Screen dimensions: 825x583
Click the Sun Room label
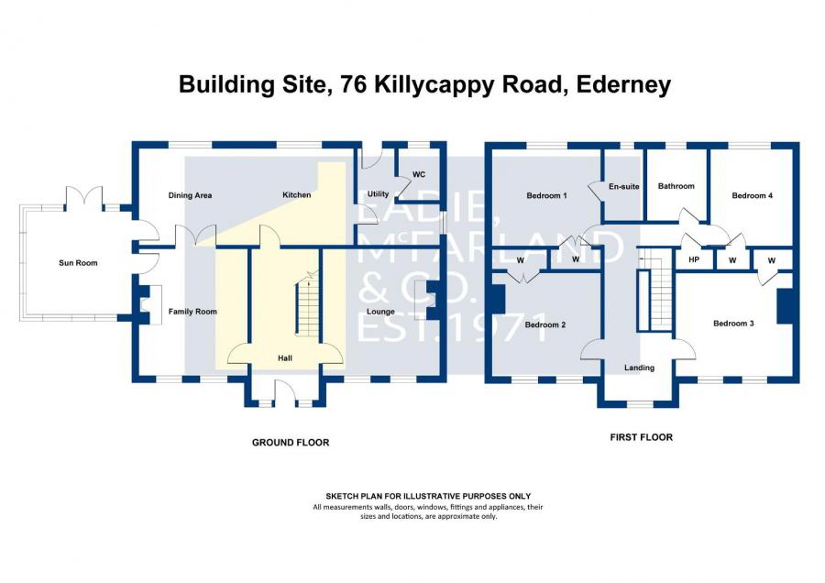pos(78,262)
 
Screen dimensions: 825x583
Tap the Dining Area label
pos(190,195)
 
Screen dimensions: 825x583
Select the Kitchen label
pos(297,194)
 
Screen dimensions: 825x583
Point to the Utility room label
pos(378,194)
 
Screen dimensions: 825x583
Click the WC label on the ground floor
pos(419,174)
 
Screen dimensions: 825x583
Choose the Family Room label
pos(192,312)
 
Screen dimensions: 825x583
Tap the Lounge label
pos(380,312)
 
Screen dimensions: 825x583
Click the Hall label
pos(285,357)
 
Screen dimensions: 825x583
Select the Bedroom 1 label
pos(546,195)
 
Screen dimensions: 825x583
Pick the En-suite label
pos(624,186)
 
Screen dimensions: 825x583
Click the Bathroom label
pos(676,186)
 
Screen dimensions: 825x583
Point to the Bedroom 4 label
pos(753,195)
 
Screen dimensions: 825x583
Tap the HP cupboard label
pos(694,259)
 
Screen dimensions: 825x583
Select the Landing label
pos(639,368)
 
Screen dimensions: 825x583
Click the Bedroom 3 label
pos(733,323)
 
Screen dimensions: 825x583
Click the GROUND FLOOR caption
pos(291,443)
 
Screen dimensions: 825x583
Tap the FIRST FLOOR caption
pos(642,436)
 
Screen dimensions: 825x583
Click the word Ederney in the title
pos(623,84)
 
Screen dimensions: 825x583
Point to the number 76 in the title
pos(354,84)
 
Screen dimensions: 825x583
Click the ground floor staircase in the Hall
pos(307,307)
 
